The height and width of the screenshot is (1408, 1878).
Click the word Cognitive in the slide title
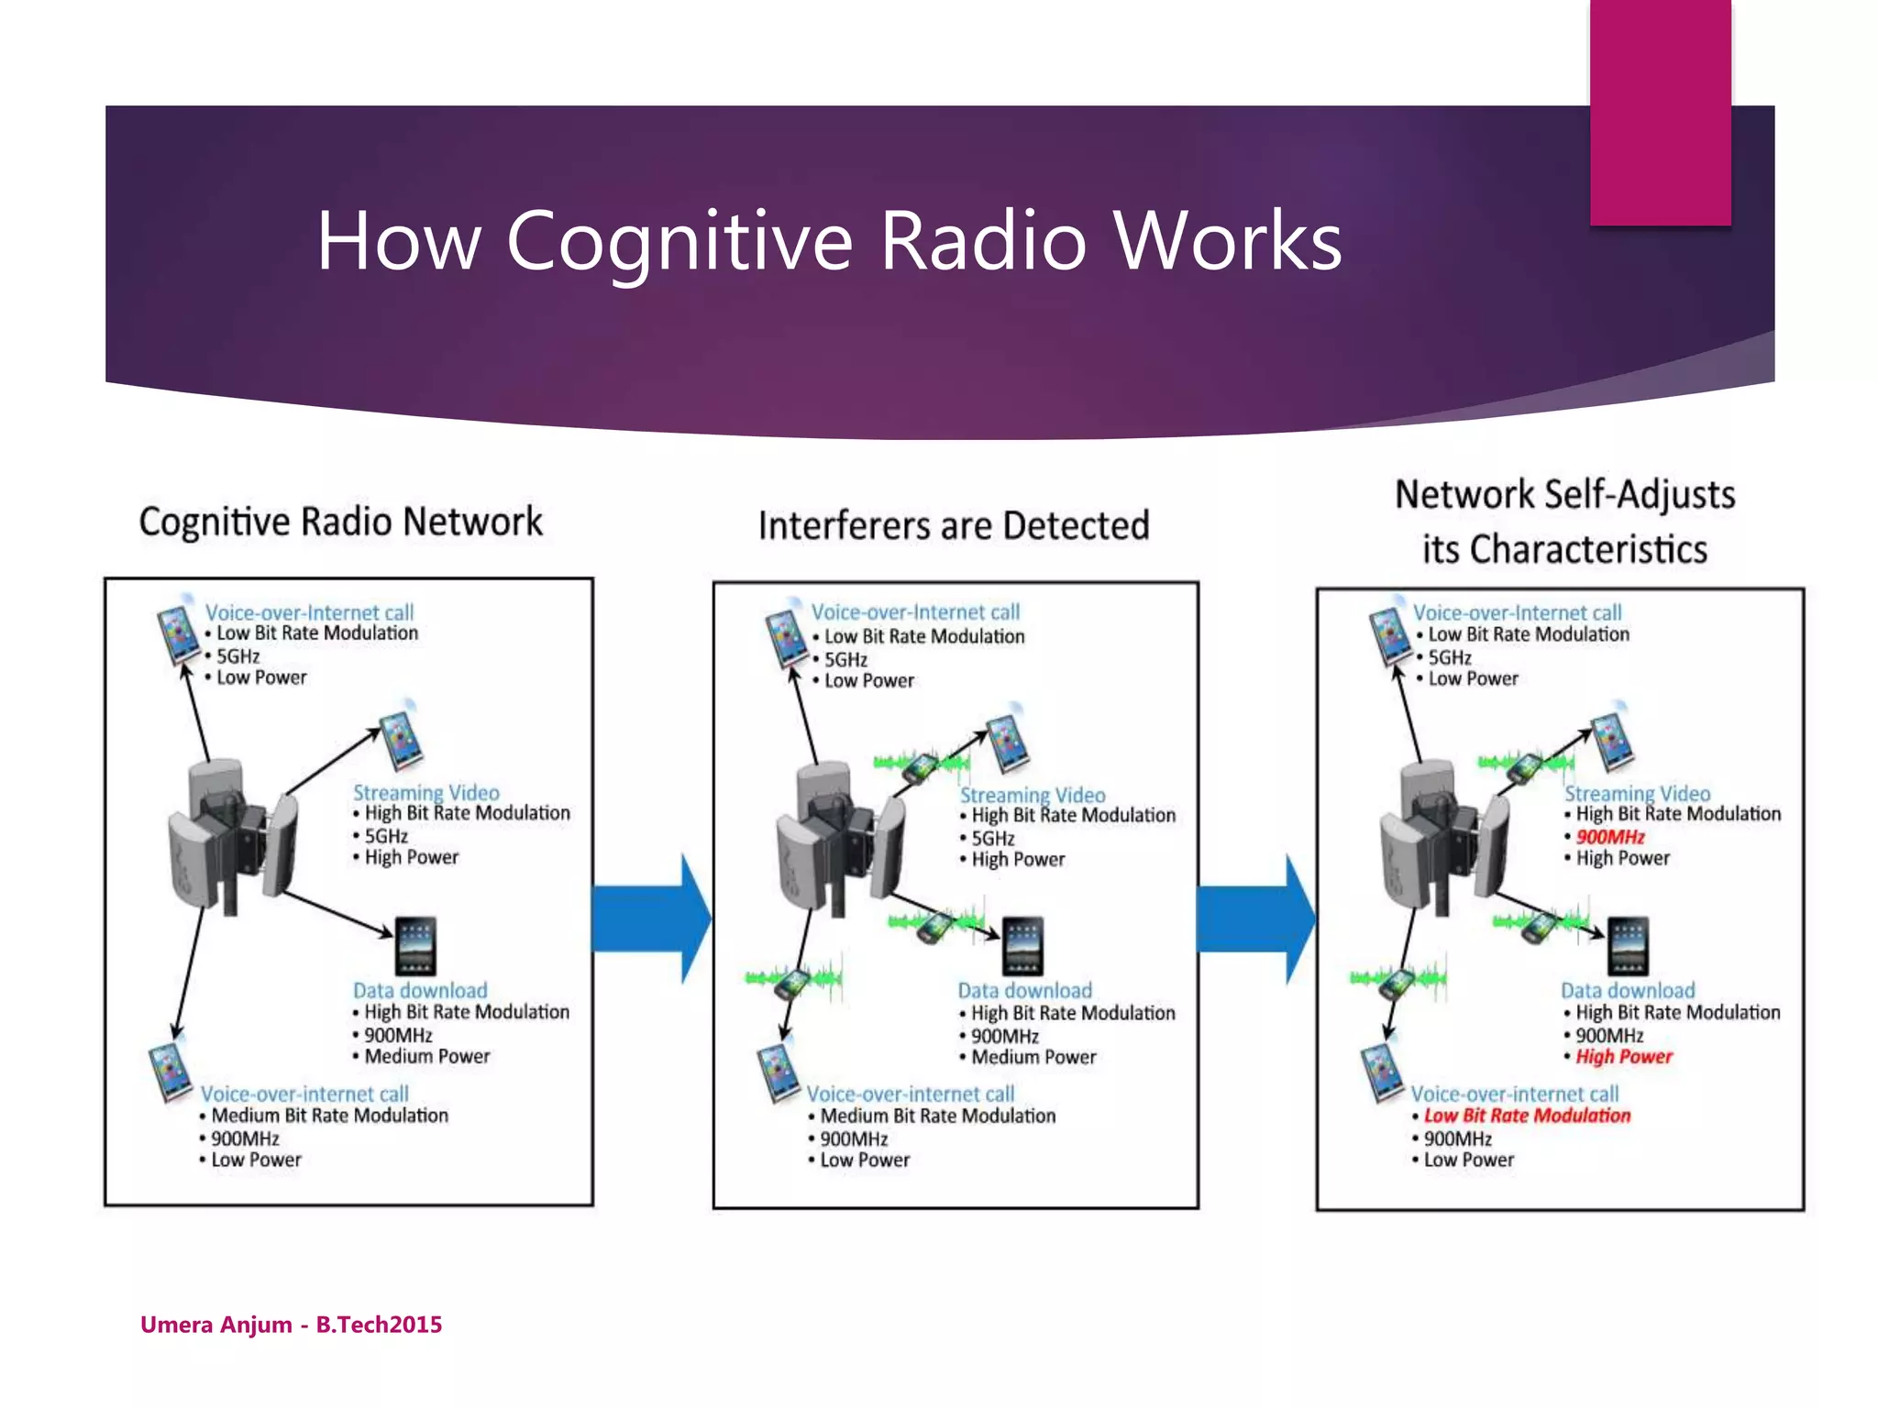(679, 241)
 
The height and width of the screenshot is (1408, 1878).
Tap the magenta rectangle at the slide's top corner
(1660, 112)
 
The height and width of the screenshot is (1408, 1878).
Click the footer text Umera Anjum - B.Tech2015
(291, 1324)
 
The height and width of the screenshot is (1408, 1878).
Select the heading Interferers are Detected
(954, 526)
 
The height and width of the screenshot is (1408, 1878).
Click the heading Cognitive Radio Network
(340, 522)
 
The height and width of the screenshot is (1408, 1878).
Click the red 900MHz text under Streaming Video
(1610, 836)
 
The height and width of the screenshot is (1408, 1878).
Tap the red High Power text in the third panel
(1624, 1056)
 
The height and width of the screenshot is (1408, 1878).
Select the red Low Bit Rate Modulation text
(1527, 1116)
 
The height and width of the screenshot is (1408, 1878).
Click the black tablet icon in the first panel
(415, 946)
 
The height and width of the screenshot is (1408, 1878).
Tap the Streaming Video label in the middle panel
(1033, 795)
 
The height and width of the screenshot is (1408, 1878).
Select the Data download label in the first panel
(420, 990)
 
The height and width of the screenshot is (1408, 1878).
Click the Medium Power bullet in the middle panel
(1033, 1057)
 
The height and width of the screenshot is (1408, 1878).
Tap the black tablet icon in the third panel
(1628, 946)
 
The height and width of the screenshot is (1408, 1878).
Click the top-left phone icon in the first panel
(178, 632)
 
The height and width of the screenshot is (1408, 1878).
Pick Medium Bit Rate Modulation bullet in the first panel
(329, 1116)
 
